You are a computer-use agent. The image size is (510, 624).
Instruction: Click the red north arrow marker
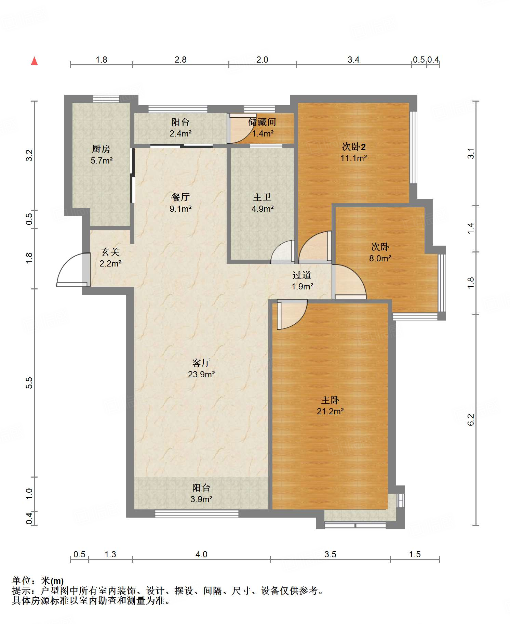(x=34, y=61)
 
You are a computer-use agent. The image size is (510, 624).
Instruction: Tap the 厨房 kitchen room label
(x=101, y=149)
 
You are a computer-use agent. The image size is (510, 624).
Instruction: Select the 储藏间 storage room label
(x=262, y=122)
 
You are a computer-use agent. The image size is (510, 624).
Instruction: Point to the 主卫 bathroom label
(x=262, y=197)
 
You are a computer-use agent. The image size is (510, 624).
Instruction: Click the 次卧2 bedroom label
(x=354, y=147)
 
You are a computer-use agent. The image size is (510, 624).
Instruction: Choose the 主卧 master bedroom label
(x=330, y=400)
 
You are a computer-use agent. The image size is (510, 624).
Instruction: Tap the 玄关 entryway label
(x=110, y=252)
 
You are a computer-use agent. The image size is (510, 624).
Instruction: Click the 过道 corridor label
(x=302, y=275)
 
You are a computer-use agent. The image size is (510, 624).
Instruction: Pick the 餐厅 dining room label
(x=180, y=197)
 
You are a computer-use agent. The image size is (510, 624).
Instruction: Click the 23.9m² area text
(x=201, y=374)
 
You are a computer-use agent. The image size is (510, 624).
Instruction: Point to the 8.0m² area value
(x=380, y=258)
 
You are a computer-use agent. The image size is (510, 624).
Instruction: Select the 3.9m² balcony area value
(x=201, y=499)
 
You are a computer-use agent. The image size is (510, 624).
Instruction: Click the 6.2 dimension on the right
(x=471, y=419)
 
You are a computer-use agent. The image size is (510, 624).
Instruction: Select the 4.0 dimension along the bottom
(x=201, y=554)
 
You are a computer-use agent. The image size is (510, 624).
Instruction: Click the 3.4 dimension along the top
(x=353, y=60)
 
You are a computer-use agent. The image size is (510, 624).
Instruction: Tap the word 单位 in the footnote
(x=21, y=581)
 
